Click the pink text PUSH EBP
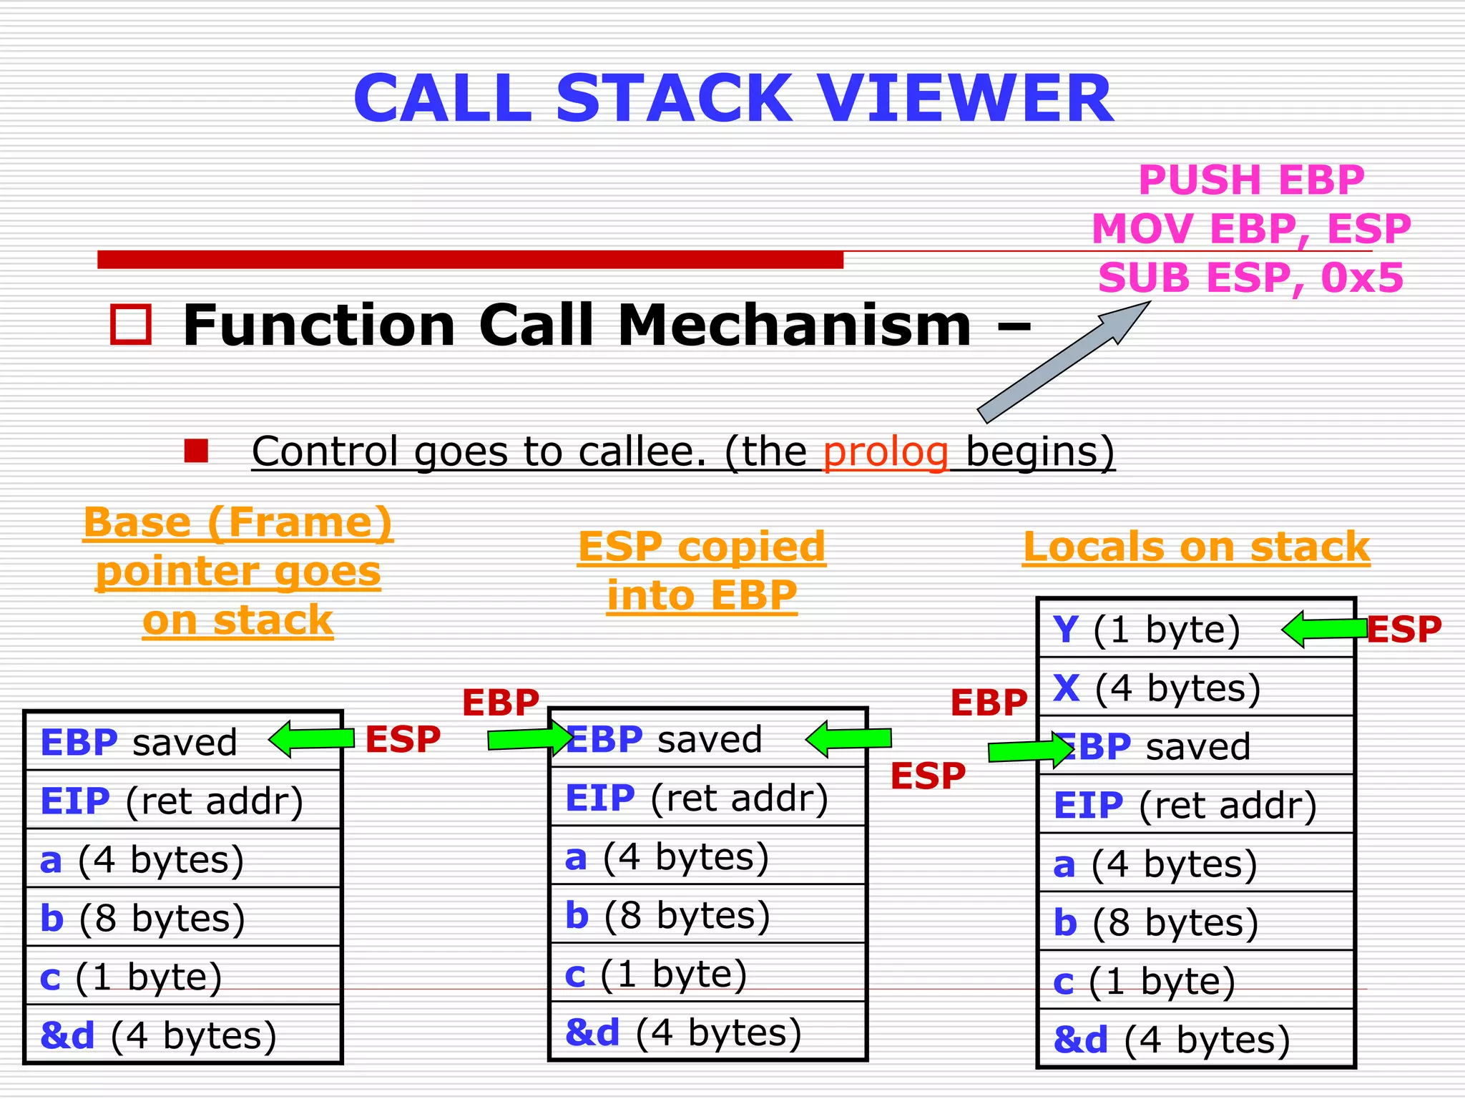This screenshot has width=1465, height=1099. coord(1251,180)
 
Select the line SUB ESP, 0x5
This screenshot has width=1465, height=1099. coord(1251,278)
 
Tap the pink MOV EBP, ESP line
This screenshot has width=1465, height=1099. coord(1251,229)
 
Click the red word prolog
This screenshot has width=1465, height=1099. coord(886,451)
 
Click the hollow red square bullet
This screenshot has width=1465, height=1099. coord(131,325)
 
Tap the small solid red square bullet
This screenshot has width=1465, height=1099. coord(196,451)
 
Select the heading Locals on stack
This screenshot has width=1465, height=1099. coord(1196,547)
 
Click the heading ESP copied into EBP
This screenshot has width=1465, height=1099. coord(702,571)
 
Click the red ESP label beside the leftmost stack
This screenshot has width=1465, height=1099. coord(403,739)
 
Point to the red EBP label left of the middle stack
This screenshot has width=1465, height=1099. coord(501,703)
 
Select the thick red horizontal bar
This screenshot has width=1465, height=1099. coord(470,260)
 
